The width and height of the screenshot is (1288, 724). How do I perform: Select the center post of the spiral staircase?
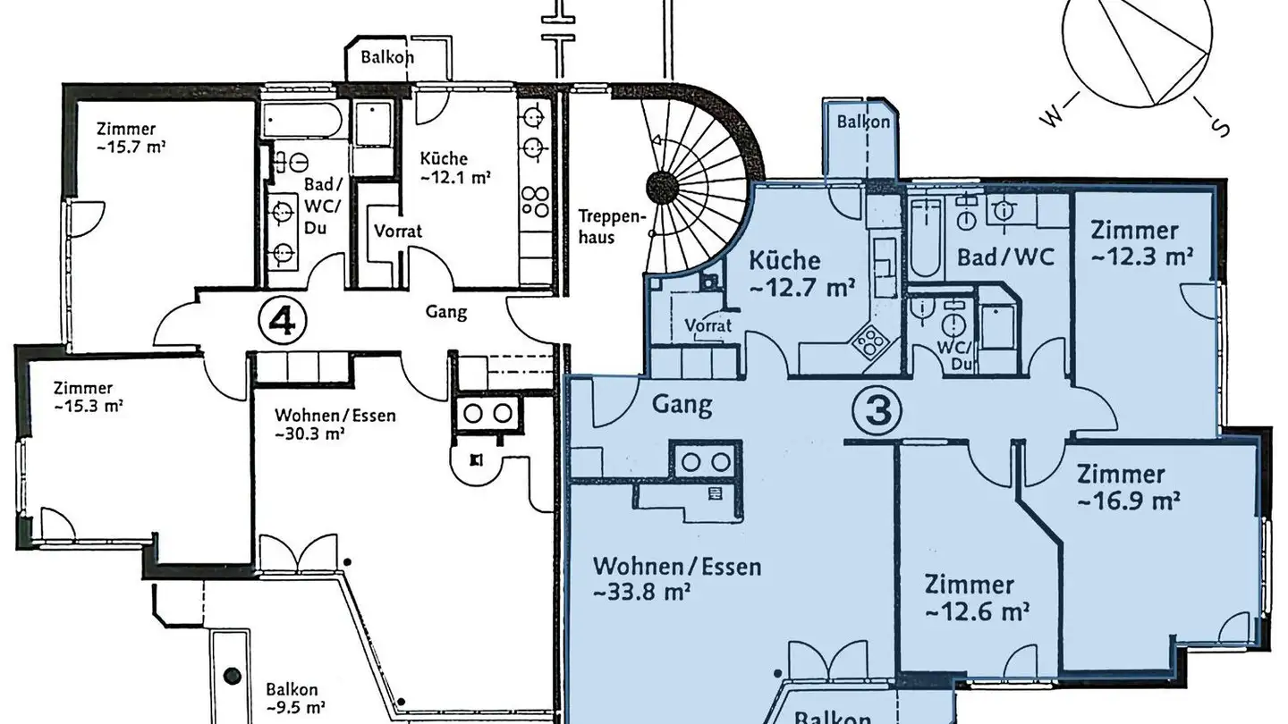pos(662,187)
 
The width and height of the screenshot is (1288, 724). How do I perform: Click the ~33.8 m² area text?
pos(641,593)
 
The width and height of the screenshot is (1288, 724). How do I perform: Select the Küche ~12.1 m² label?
pos(456,168)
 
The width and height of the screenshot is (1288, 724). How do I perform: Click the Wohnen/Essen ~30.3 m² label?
pos(335,425)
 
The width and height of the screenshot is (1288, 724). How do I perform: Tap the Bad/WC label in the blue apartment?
pos(1006,257)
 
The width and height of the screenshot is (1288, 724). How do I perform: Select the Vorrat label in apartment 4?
pos(398,231)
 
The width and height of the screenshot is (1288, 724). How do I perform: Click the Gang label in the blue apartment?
pos(682,405)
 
